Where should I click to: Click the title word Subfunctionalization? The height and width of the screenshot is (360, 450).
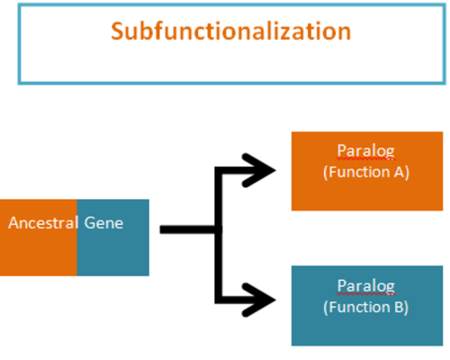231,31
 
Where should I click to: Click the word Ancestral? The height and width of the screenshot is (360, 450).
43,223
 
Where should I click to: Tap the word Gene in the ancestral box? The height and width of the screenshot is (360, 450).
103,223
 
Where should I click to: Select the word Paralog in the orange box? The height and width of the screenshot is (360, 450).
365,151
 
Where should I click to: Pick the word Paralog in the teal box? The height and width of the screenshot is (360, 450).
365,286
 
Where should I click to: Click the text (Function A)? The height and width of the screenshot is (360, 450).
366,173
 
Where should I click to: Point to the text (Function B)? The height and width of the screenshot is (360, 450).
366,308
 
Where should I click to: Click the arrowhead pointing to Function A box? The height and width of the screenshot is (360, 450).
259,170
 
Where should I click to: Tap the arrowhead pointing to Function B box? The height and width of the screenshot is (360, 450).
259,300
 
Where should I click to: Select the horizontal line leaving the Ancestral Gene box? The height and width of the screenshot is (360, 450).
187,229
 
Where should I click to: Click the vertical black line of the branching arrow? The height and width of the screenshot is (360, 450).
219,235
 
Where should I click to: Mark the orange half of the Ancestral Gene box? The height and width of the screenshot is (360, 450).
39,238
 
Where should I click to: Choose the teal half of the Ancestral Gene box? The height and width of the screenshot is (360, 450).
113,238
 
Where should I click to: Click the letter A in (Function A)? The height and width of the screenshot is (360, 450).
399,172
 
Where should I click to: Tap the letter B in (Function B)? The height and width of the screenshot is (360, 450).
399,307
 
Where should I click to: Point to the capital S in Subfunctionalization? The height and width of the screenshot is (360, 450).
117,31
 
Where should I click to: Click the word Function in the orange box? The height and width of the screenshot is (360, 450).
359,172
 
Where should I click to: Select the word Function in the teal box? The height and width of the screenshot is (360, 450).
359,307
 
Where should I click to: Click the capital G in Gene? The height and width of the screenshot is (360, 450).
89,223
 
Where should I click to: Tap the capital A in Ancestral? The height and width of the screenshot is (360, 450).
13,223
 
